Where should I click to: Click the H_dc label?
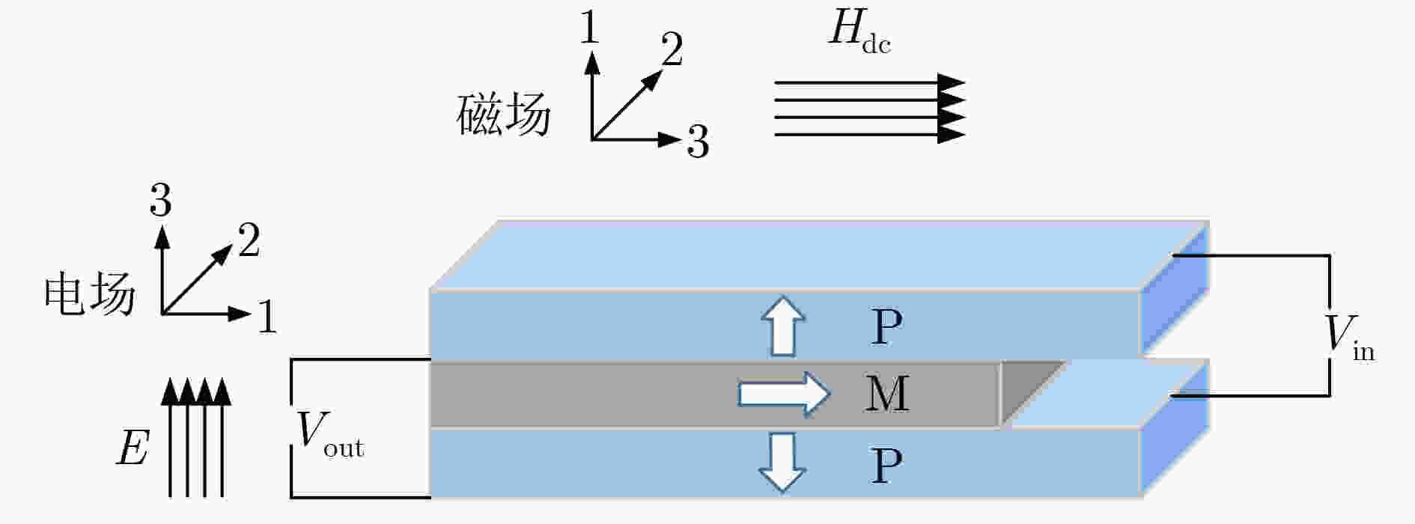(x=859, y=33)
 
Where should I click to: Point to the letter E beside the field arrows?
(x=133, y=448)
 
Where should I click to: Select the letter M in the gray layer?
(x=887, y=393)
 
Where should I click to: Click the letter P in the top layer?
(x=887, y=326)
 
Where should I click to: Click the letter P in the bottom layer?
(x=887, y=465)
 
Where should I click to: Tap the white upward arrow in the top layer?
(x=783, y=326)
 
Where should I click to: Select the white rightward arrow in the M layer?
(x=784, y=393)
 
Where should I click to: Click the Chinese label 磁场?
(x=504, y=115)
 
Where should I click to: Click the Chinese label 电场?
(x=90, y=293)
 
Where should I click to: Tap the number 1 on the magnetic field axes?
(x=589, y=28)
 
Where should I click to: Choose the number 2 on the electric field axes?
(x=249, y=240)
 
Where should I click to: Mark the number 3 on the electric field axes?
(x=160, y=200)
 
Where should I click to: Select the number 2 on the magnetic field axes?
(x=672, y=49)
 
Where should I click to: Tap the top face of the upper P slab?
(x=820, y=255)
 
